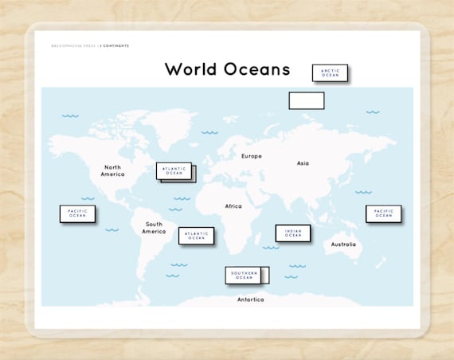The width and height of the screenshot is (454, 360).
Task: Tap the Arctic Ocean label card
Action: click(x=330, y=72)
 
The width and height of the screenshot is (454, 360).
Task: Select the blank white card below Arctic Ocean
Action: click(x=306, y=100)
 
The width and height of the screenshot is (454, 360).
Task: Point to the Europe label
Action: click(x=252, y=156)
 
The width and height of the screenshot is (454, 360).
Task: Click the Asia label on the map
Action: click(x=303, y=163)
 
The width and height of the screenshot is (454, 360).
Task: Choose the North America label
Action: click(x=112, y=170)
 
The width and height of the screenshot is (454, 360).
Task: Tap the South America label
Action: click(x=154, y=228)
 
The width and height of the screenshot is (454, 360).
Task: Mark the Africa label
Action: click(x=233, y=206)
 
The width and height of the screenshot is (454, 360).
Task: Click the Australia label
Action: click(x=344, y=245)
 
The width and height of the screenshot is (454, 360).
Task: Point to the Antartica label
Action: click(x=250, y=299)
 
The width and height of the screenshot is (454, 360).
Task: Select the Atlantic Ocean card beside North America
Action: click(x=174, y=171)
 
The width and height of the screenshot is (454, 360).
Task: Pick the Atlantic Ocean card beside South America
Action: click(x=196, y=236)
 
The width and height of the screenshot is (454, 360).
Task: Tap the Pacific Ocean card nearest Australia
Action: click(x=383, y=213)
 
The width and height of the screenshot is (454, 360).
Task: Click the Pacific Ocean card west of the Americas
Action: click(x=77, y=213)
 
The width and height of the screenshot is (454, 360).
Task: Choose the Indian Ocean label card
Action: click(x=293, y=233)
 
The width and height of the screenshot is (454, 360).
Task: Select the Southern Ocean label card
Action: click(x=244, y=275)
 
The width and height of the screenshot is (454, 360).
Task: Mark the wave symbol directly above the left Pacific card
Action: click(x=88, y=198)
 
